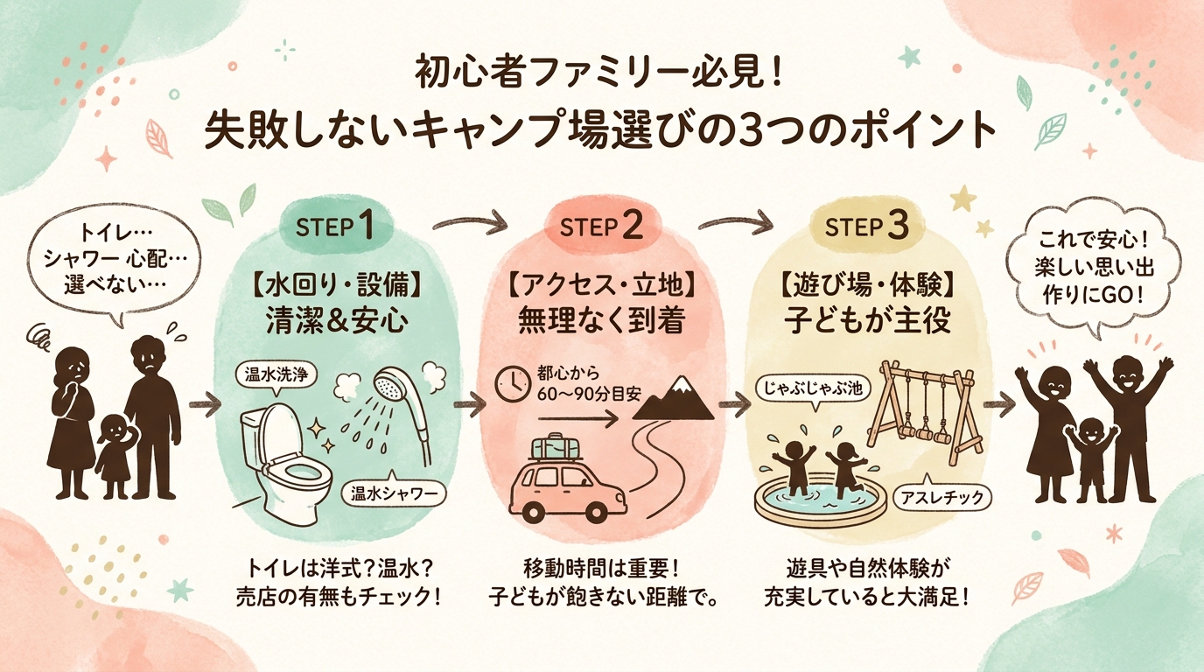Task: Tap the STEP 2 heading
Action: (x=601, y=226)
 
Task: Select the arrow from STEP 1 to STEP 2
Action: (x=472, y=222)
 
